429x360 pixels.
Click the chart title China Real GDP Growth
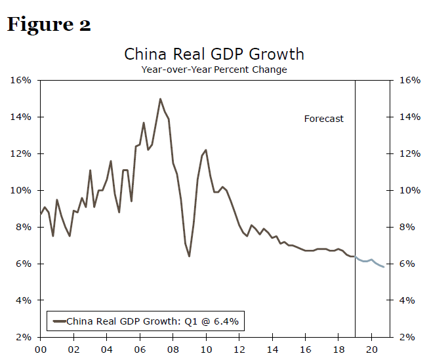coord(214,54)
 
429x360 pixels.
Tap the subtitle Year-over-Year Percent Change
coord(214,69)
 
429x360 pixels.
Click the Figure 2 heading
coord(49,25)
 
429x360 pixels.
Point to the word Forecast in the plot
coord(323,119)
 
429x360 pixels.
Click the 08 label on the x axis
coord(173,350)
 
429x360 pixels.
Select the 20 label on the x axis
coord(371,350)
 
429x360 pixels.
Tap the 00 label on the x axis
coord(40,350)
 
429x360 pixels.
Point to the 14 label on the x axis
coord(272,350)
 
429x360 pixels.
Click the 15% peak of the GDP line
coord(160,99)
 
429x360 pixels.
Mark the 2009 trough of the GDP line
coord(189,256)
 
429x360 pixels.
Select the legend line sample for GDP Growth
coord(58,321)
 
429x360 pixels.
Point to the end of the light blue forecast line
coord(384,266)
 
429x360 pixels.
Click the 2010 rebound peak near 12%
coord(206,150)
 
